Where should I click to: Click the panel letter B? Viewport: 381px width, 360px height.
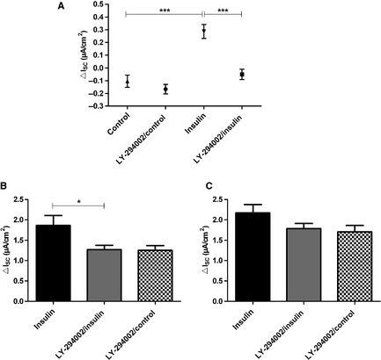(x=5, y=187)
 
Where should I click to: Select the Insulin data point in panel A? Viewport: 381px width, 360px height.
(x=203, y=32)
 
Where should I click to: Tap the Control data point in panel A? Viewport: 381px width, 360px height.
(x=128, y=82)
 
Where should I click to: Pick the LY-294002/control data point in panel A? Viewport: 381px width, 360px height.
(x=165, y=89)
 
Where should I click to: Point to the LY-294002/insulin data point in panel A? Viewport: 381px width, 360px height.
(x=241, y=75)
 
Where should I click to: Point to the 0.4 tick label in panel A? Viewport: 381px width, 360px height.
(x=99, y=18)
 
